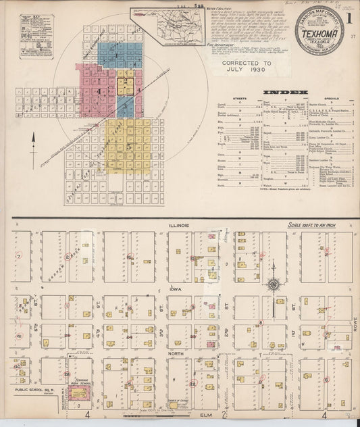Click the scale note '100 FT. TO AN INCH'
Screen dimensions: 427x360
point(320,224)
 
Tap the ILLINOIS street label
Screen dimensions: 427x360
point(181,225)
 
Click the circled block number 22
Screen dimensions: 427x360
point(193,384)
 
